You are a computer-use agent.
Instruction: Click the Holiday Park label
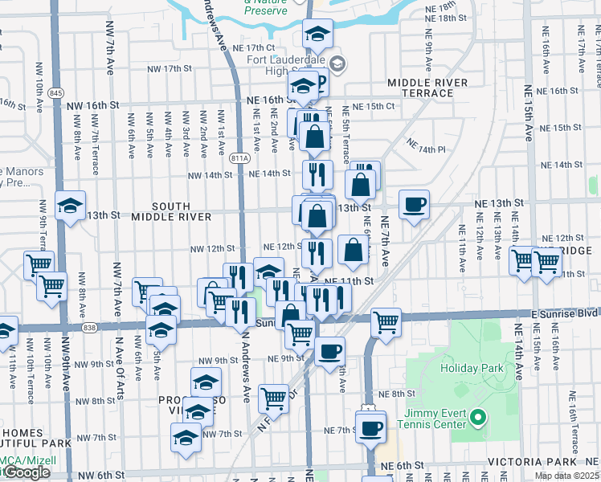(x=472, y=369)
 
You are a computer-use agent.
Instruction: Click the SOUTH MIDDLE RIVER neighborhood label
(x=171, y=212)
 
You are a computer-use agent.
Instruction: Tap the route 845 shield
(x=55, y=93)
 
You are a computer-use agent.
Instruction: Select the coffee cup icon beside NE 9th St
(x=329, y=351)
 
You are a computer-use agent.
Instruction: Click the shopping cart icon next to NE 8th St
(x=274, y=397)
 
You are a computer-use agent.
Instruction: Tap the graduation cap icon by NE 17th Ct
(x=317, y=35)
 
